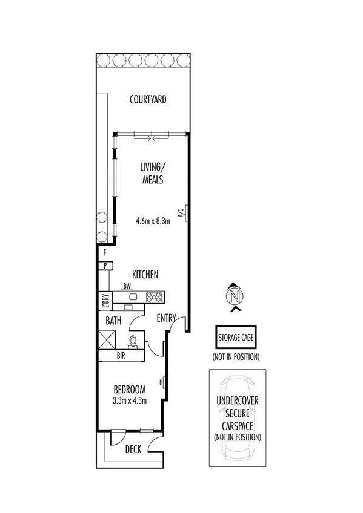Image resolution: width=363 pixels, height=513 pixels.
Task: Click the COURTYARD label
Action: click(148, 100)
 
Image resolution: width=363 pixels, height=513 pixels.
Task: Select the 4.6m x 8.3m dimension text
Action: click(153, 221)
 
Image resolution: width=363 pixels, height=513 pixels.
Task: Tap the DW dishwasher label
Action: click(127, 287)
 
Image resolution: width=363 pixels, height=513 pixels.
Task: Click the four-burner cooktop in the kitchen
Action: click(154, 296)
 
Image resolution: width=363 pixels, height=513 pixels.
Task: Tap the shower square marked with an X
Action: click(107, 339)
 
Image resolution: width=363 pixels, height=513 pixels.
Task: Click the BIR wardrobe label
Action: click(121, 356)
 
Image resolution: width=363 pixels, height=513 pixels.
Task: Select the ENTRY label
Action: click(166, 318)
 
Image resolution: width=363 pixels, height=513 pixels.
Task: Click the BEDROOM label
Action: click(128, 388)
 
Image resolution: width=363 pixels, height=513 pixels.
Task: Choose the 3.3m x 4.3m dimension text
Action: click(128, 399)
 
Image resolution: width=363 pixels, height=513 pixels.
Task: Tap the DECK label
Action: click(133, 449)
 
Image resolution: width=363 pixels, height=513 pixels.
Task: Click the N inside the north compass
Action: click(234, 296)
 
